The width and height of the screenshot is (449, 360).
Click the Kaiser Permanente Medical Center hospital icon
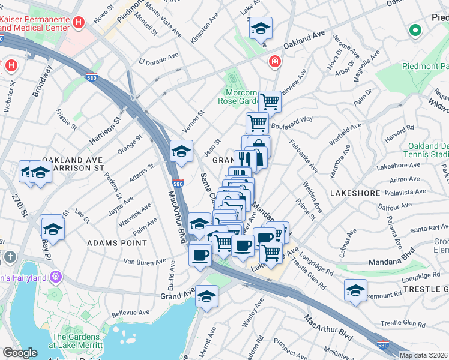coord(78,23)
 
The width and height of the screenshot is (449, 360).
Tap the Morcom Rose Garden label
coord(241,97)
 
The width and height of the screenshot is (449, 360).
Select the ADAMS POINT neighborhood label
coord(117,243)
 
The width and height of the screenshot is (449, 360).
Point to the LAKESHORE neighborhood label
coord(355,193)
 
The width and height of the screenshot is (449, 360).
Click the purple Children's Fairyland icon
coord(56,277)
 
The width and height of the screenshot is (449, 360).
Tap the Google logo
coord(20,353)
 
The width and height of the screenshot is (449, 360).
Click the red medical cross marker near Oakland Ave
coord(274,62)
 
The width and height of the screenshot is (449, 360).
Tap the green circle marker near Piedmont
coord(415,30)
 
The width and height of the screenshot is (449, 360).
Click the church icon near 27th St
coord(9,257)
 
